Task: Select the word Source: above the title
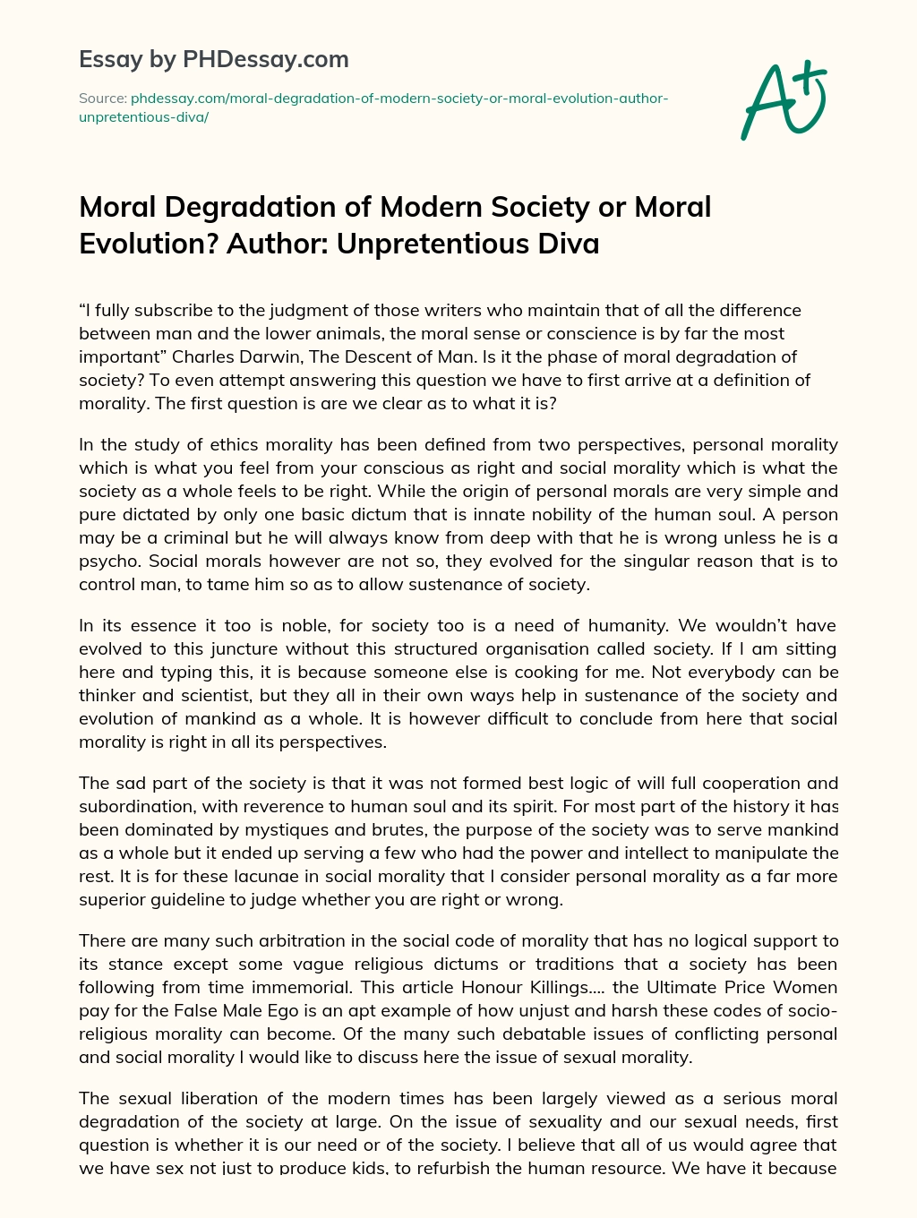point(102,98)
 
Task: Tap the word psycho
point(109,561)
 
